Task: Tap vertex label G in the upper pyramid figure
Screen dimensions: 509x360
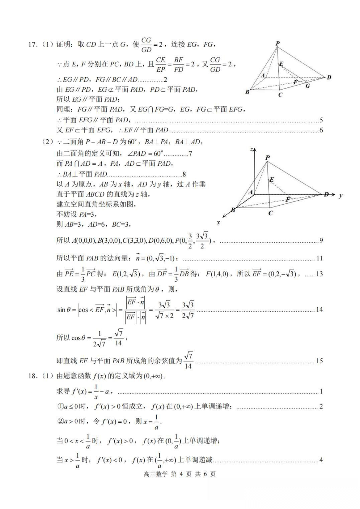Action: (308, 86)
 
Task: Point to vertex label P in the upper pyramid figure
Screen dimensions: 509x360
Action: (278, 44)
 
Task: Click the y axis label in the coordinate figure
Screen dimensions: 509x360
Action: (340, 196)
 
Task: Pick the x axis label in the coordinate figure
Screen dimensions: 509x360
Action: (218, 222)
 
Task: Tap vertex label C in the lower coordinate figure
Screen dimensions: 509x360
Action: (270, 213)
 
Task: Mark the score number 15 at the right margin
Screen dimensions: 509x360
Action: (319, 361)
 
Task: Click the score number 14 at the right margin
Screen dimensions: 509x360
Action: (319, 309)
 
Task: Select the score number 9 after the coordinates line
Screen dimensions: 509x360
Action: (321, 241)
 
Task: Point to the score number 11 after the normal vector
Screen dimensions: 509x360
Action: (319, 258)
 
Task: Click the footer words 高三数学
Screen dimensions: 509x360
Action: (156, 474)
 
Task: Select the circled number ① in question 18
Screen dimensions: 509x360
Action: (60, 407)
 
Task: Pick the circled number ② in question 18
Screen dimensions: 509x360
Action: (60, 421)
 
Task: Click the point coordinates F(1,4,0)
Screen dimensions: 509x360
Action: (217, 274)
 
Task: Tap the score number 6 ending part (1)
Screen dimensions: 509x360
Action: (321, 130)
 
